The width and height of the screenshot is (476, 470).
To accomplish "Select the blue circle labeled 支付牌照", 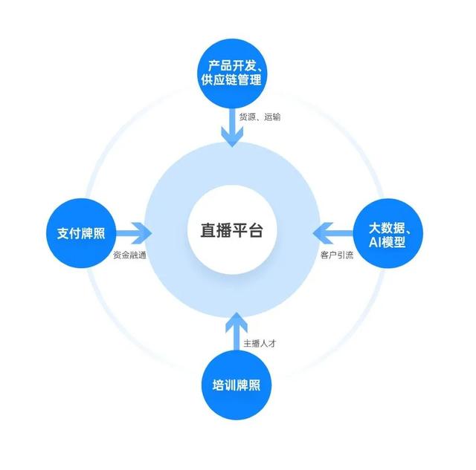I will click(80, 233).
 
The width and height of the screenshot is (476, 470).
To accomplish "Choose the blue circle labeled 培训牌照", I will click(236, 387).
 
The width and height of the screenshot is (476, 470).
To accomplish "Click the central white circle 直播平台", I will click(235, 231).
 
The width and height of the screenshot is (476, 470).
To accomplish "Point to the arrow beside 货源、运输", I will click(231, 128).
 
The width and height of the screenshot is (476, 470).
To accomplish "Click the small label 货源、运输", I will click(260, 117).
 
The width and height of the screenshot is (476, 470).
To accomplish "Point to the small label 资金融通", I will click(129, 255).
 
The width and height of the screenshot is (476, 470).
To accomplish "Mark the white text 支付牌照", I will click(80, 233).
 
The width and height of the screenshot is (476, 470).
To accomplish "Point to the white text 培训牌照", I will click(236, 387).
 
